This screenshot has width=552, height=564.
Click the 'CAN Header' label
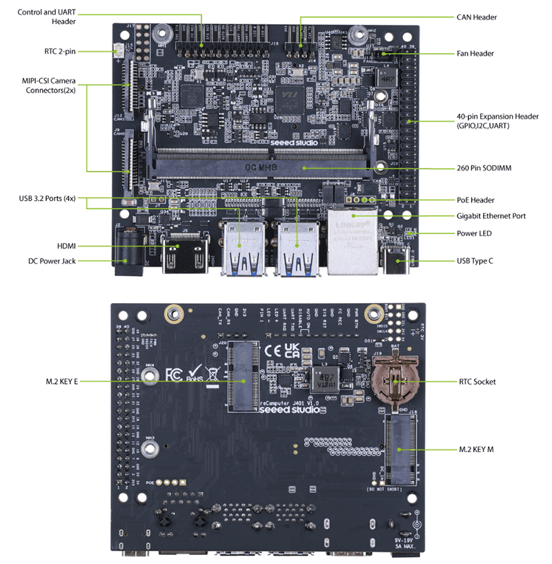coord(477,17)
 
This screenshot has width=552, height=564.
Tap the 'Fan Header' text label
coord(476,53)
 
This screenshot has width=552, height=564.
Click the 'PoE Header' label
coord(475,200)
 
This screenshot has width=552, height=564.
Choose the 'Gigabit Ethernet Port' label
coord(491,216)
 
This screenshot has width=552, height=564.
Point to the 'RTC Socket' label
coord(477,380)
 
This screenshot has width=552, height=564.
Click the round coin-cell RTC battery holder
coord(391,378)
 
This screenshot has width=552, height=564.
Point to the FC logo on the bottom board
coord(174,376)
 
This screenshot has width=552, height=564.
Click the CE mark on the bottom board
coord(275,349)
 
